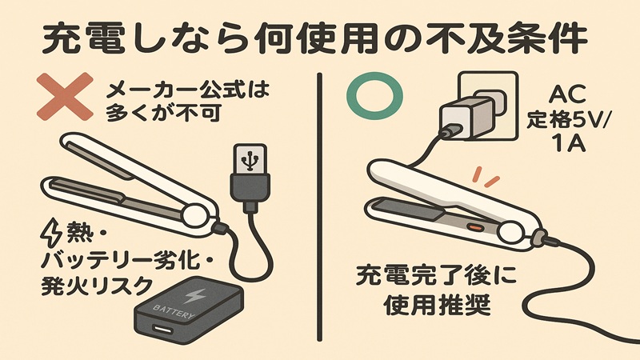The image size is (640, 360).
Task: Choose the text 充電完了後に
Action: pyautogui.click(x=436, y=280)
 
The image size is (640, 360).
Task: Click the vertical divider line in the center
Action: pyautogui.click(x=319, y=208)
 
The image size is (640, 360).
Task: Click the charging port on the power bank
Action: pyautogui.click(x=162, y=329)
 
